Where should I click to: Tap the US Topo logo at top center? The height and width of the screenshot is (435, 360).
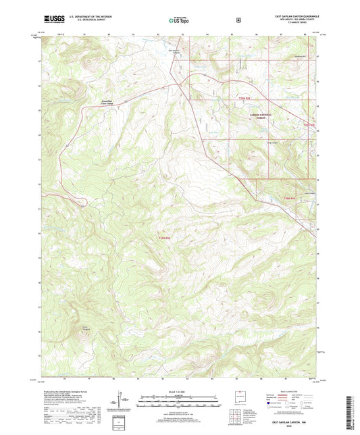click(179, 20)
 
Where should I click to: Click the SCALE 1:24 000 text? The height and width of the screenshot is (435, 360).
click(179, 392)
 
